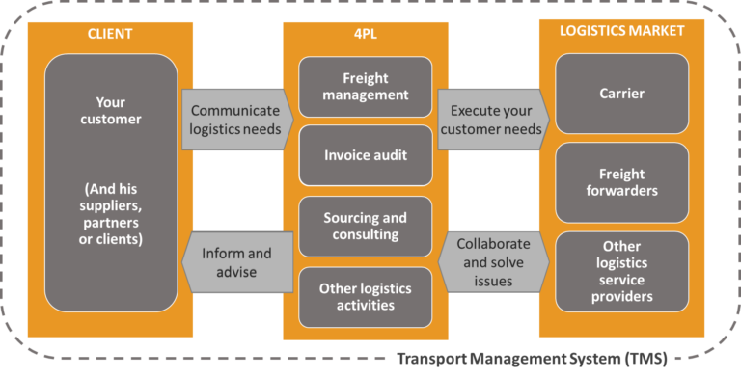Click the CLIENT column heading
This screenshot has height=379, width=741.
[x=111, y=34]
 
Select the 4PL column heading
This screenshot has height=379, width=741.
[x=365, y=34]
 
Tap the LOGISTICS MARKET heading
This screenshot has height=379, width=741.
[x=621, y=31]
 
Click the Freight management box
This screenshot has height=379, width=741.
[x=365, y=87]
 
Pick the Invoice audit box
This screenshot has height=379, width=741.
[x=365, y=154]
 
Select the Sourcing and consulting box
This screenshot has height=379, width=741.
[x=365, y=227]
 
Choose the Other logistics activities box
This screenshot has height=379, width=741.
[x=365, y=297]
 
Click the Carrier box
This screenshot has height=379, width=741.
[x=621, y=94]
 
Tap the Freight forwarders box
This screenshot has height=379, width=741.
[x=621, y=183]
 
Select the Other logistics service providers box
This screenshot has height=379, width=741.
[x=621, y=271]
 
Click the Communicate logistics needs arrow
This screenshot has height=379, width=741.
[x=235, y=119]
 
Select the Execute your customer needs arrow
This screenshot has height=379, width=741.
[x=493, y=119]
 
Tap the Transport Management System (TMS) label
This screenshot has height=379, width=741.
[x=532, y=361]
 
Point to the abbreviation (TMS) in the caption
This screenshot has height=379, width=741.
[x=647, y=361]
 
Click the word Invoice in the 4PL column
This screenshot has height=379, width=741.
[x=344, y=154]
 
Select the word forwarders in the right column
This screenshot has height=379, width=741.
[x=621, y=191]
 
